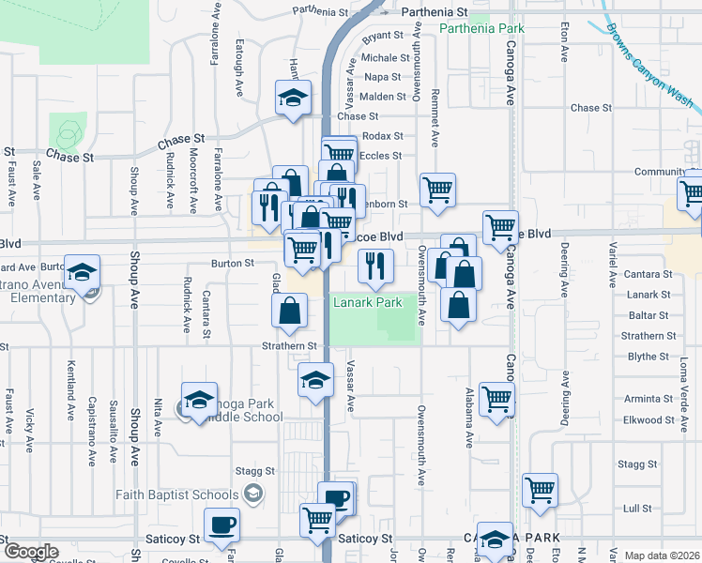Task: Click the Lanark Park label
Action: pyautogui.click(x=368, y=303)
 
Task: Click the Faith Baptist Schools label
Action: pyautogui.click(x=177, y=495)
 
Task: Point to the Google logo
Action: pyautogui.click(x=31, y=552)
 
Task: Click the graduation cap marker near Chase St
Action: pyautogui.click(x=293, y=97)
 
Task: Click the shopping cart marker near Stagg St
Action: pyautogui.click(x=540, y=489)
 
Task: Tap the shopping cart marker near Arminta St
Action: pyautogui.click(x=496, y=398)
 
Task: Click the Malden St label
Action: pyautogui.click(x=382, y=97)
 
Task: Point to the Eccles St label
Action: pyautogui.click(x=380, y=156)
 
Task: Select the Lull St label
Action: pyautogui.click(x=637, y=509)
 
